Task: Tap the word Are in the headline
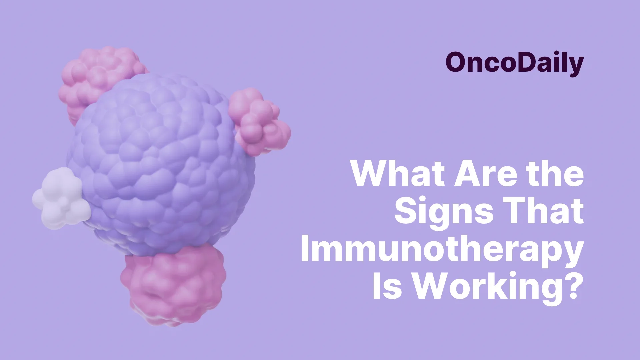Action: pyautogui.click(x=483, y=174)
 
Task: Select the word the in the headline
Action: pyautogui.click(x=554, y=174)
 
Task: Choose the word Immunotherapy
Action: pyautogui.click(x=442, y=250)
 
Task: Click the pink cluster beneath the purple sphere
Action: pyautogui.click(x=173, y=287)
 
